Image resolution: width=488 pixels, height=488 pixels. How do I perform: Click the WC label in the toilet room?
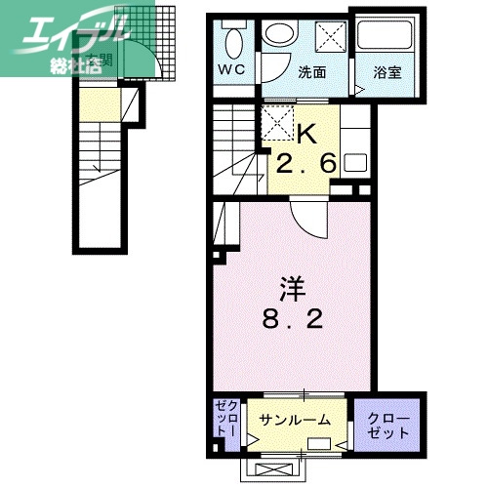[x=230, y=70]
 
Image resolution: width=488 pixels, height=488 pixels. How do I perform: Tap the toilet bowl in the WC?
[x=233, y=41]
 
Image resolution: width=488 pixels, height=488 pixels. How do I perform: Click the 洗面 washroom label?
[x=311, y=71]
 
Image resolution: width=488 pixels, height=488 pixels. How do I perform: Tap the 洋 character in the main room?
[x=293, y=287]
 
